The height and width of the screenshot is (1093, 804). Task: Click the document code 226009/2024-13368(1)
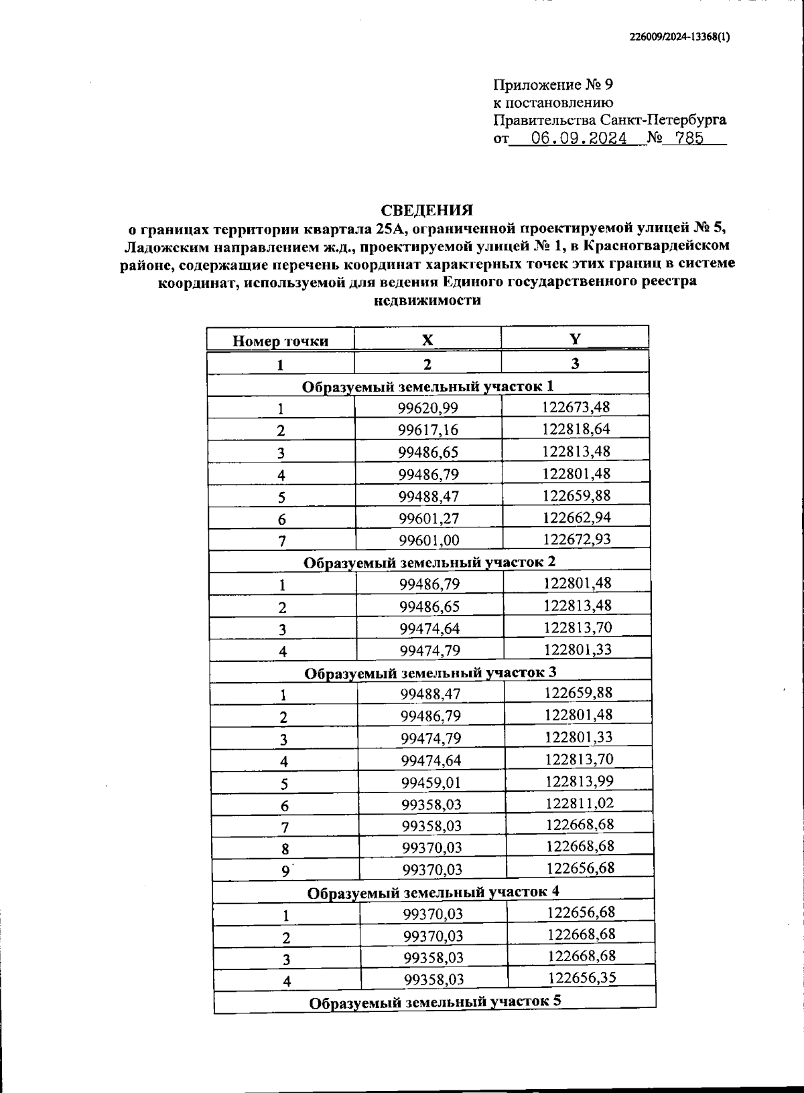point(679,39)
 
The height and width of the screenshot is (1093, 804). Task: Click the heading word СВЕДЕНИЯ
point(427,209)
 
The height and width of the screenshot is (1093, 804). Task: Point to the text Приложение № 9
point(553,84)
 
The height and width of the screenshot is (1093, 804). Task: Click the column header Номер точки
point(280,341)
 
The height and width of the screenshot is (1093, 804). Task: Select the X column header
point(427,339)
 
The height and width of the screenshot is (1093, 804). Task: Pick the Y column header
point(574,338)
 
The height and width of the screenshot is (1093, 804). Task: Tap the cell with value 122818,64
point(576,428)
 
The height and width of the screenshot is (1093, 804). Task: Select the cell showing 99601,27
point(429,518)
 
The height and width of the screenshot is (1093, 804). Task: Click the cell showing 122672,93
point(577,538)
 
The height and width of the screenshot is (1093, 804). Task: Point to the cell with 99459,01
point(431,782)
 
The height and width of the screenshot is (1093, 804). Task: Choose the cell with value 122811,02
point(580,803)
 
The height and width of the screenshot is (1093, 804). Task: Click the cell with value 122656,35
point(582,977)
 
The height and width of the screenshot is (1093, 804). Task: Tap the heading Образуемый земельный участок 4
point(433,892)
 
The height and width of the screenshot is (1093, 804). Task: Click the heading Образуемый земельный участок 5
point(435,1001)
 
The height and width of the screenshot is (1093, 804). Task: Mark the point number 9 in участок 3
point(285,870)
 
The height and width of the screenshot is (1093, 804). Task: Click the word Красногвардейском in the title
point(656,246)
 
